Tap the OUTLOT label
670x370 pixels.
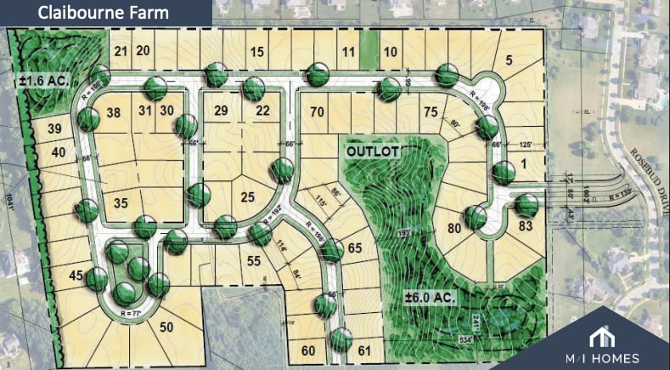(371, 150)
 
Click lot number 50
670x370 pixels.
(166, 327)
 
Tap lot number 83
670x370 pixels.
(526, 226)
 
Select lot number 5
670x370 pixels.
(509, 60)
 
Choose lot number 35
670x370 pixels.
(121, 202)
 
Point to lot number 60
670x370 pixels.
(307, 350)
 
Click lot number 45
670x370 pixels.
(76, 275)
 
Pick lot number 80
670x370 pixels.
(454, 227)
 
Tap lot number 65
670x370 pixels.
(356, 248)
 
